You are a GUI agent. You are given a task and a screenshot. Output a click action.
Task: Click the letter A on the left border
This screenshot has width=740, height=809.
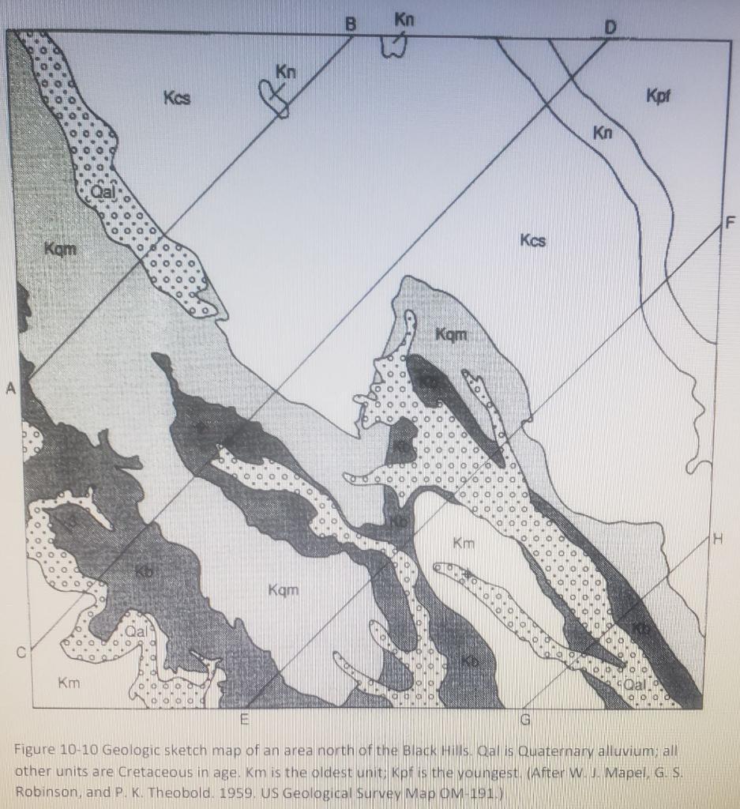tap(10, 387)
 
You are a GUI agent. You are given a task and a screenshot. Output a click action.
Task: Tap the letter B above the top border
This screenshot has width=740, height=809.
tap(351, 24)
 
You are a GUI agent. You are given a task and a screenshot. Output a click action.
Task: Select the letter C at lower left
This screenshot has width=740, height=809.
tap(24, 653)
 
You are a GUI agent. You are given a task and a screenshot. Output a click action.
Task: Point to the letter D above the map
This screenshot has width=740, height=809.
tap(609, 28)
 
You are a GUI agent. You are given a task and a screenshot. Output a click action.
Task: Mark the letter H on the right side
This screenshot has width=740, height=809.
tap(717, 540)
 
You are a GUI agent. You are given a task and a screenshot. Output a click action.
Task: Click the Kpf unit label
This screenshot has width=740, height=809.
tap(657, 96)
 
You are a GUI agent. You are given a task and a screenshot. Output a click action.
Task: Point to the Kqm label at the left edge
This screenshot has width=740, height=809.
tap(61, 250)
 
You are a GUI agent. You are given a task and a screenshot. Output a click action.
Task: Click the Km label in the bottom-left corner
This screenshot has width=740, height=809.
tap(69, 681)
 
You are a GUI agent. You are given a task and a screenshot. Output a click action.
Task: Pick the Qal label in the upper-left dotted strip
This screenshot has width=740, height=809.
tap(103, 192)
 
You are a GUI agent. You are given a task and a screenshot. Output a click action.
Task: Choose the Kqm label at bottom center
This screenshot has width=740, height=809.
tap(284, 589)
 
